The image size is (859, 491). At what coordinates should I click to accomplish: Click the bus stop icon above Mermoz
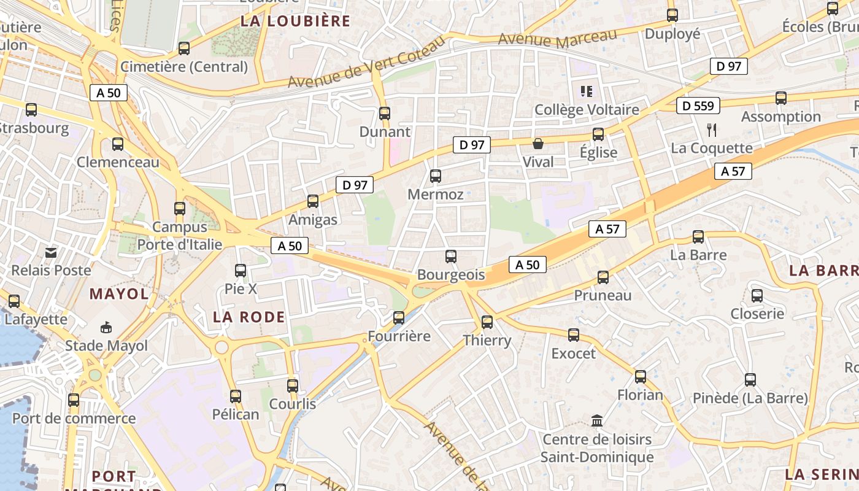436,176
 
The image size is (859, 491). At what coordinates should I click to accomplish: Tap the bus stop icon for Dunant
385,113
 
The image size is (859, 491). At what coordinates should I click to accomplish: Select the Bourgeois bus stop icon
451,257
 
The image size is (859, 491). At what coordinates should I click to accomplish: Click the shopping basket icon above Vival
538,144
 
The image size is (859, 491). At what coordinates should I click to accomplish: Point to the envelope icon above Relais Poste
51,252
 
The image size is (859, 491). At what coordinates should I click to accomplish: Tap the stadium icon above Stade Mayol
107,327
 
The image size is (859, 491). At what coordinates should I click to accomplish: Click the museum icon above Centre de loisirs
597,420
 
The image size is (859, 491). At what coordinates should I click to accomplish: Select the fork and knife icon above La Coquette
712,130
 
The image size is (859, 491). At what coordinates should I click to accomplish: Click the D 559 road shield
699,106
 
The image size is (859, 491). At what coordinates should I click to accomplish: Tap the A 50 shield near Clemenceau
109,93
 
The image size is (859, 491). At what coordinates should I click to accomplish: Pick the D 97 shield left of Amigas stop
355,184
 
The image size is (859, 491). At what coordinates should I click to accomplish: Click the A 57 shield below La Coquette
733,171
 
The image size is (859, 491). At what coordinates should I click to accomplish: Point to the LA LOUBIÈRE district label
295,21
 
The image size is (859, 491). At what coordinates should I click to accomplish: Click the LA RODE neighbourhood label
249,317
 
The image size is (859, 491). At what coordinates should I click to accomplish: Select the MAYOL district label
119,293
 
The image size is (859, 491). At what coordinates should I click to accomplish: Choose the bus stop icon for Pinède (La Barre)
750,379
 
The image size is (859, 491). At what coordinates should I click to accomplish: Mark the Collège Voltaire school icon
586,91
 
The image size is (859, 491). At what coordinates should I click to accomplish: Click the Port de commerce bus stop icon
74,400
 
